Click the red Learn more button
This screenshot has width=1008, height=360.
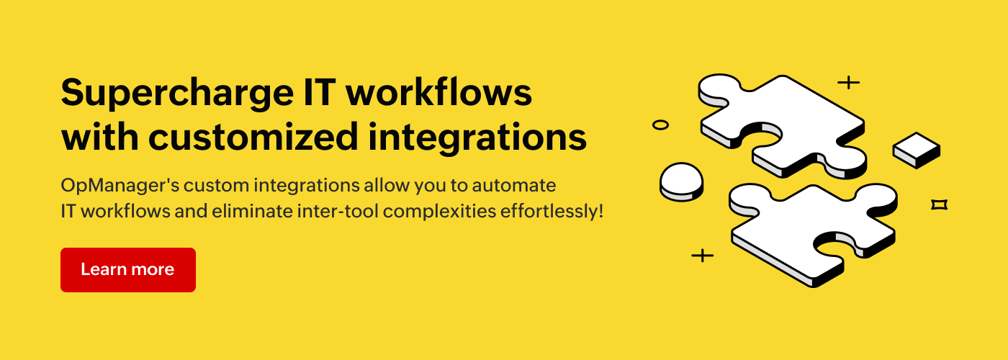(x=128, y=269)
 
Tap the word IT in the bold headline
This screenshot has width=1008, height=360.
(x=319, y=92)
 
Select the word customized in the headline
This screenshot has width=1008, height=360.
(x=253, y=137)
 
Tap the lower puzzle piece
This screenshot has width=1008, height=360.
(x=813, y=234)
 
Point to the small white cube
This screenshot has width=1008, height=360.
(x=917, y=150)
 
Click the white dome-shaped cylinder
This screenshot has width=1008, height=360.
(x=681, y=181)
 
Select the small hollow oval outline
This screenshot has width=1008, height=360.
(x=660, y=125)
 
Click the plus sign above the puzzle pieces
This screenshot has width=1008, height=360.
(x=849, y=82)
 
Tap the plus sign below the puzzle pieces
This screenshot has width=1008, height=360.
(x=703, y=256)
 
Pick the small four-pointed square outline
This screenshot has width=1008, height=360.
(x=939, y=204)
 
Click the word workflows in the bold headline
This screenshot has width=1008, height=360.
(x=438, y=92)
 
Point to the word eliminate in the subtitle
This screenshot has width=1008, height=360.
(x=253, y=211)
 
